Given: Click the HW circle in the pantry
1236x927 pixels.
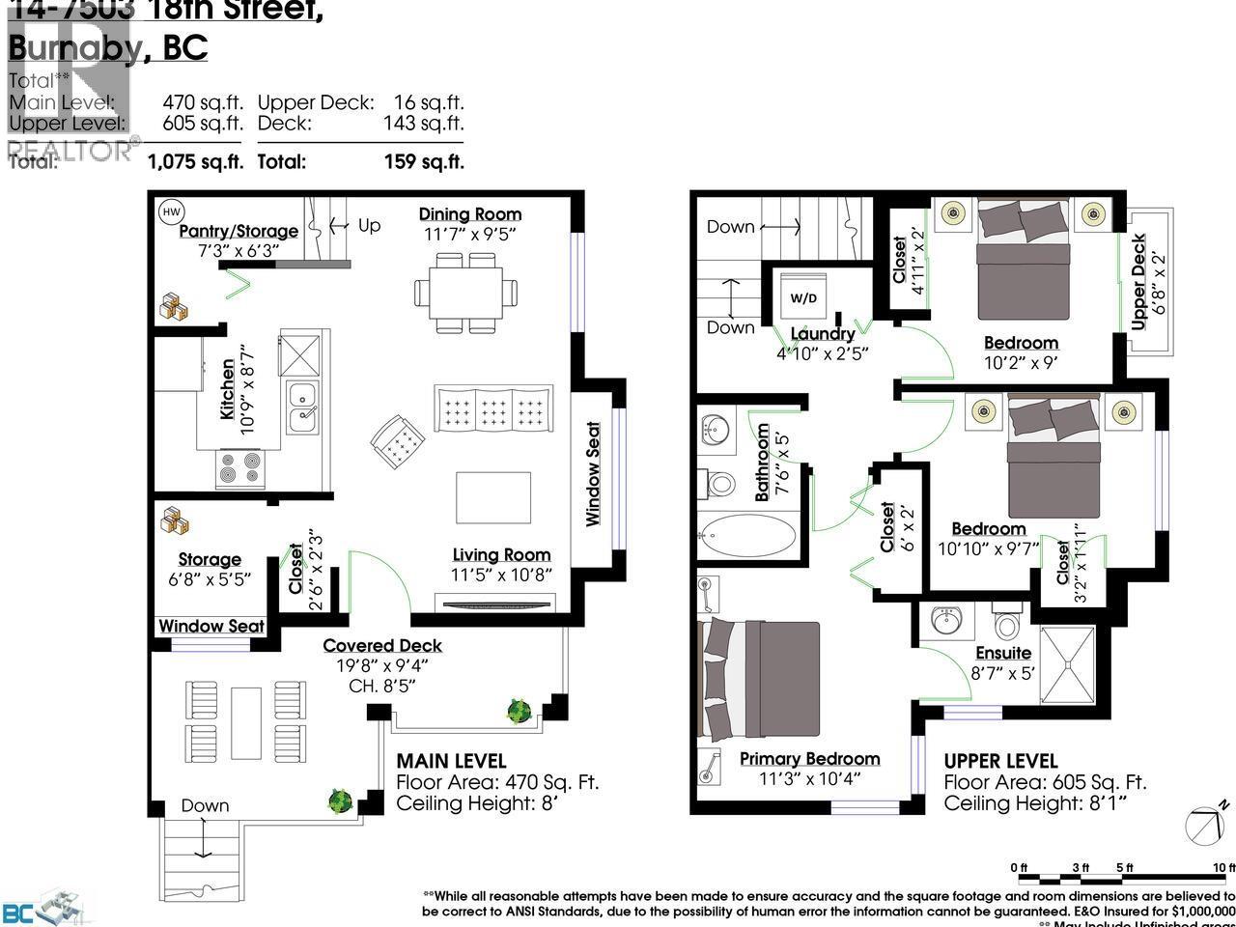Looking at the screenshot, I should [170, 211].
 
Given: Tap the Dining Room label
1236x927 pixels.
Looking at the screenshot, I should [469, 214].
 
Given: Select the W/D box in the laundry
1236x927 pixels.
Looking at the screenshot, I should [803, 297].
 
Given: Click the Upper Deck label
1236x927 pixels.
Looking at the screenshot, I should [1139, 280].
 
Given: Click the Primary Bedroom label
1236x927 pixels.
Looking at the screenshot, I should [809, 758].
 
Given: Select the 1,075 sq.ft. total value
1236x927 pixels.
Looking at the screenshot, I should [194, 161].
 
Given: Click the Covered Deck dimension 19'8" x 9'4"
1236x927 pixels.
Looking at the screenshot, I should [382, 665].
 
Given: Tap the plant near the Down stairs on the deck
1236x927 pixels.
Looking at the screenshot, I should [339, 801].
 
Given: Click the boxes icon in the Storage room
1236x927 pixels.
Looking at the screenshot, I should [175, 520].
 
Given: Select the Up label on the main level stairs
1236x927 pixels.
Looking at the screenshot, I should [369, 225].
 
